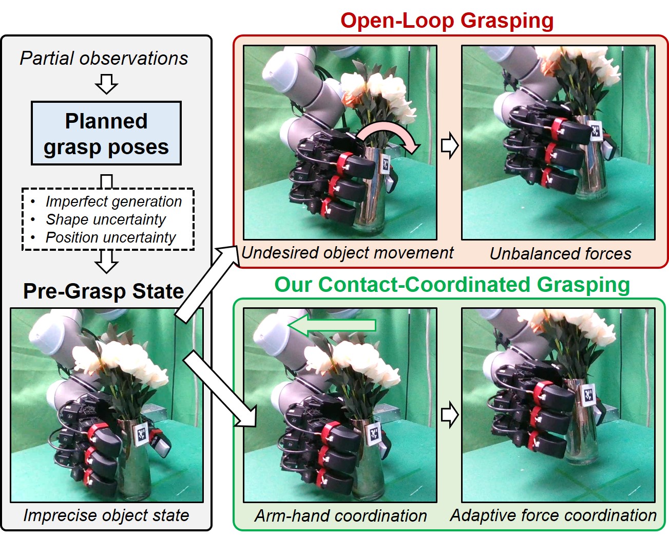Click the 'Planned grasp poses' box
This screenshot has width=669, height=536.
[x=106, y=133]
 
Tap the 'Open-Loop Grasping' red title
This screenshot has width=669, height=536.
[x=447, y=21]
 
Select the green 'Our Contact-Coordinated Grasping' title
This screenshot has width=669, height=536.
[x=452, y=284]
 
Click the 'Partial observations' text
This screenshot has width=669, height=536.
[x=104, y=58]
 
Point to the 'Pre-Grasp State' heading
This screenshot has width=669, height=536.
[x=104, y=291]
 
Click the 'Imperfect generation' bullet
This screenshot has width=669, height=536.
[x=113, y=201]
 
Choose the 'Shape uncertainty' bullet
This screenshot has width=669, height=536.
[x=106, y=219]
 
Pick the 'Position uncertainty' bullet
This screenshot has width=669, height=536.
[x=110, y=237]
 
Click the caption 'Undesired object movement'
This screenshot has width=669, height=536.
[x=348, y=253]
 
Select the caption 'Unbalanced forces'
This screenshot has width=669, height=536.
[x=560, y=253]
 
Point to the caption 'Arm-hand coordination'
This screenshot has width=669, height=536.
[x=341, y=515]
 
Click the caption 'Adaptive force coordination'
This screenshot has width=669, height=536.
[x=553, y=515]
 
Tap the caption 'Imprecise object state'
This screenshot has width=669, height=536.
[x=106, y=515]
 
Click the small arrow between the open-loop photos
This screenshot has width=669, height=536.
[x=449, y=145]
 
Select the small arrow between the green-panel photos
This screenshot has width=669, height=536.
[x=449, y=414]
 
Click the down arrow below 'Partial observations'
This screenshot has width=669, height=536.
[x=107, y=84]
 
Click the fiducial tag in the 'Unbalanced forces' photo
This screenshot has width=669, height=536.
[x=596, y=131]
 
